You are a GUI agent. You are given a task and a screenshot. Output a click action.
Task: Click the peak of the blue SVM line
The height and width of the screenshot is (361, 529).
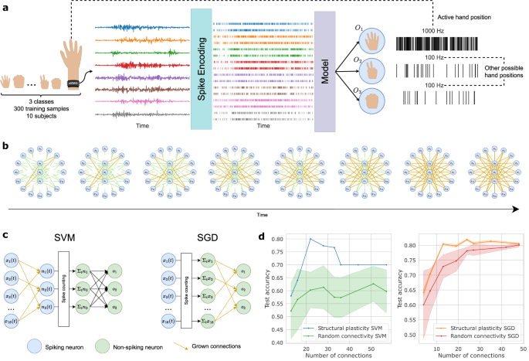(310, 238)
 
